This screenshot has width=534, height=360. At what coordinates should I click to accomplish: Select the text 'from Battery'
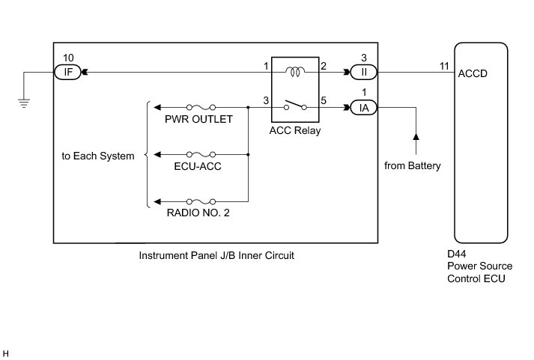[413, 165]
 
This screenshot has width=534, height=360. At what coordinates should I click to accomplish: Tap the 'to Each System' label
[98, 156]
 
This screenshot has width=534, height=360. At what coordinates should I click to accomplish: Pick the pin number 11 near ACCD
[444, 66]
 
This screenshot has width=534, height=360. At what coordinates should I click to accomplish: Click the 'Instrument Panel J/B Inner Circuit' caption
[216, 255]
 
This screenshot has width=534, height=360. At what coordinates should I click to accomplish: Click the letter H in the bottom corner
[7, 352]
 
